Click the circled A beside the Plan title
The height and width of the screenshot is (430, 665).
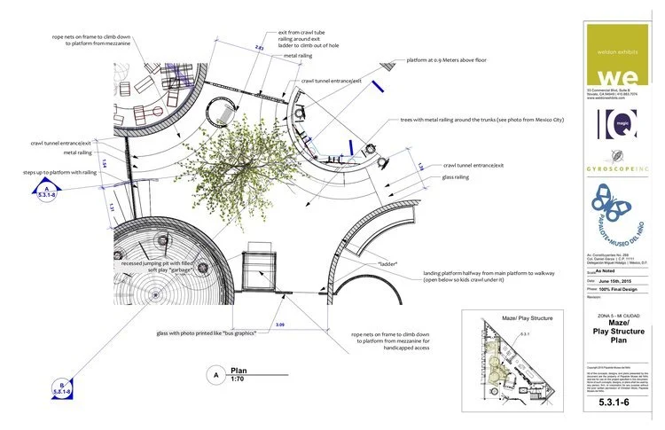coord(213,374)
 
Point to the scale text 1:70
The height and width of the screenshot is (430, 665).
coord(238,379)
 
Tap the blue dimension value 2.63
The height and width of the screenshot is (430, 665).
coord(259,47)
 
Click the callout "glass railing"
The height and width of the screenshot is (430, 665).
coord(461,176)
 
